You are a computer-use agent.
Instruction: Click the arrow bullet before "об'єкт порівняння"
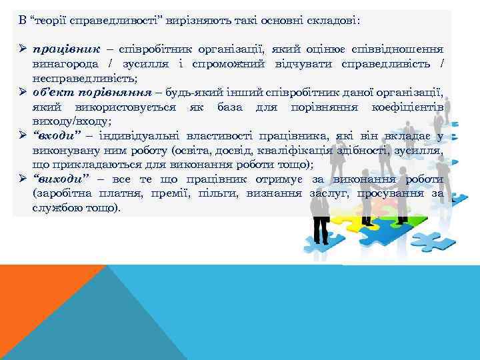22,92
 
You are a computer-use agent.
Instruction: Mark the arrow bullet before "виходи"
22,179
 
